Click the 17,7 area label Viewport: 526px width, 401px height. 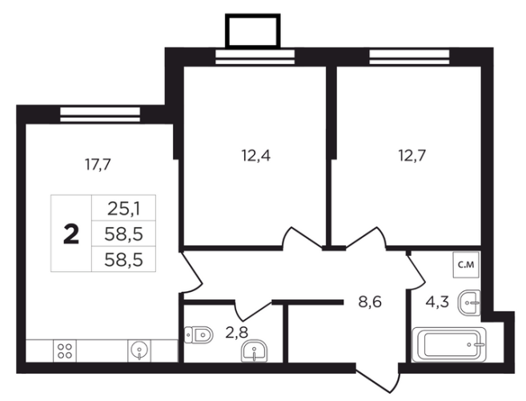coord(98,164)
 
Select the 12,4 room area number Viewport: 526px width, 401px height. coord(255,156)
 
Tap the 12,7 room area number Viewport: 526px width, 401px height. coord(412,156)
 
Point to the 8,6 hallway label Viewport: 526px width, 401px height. coord(370,302)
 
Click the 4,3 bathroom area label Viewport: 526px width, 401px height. coord(437,302)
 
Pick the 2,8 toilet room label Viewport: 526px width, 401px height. coord(236,333)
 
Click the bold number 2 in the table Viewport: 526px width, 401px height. coord(71,234)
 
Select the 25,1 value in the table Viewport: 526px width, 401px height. coord(124,209)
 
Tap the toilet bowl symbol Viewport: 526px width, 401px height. coord(199,334)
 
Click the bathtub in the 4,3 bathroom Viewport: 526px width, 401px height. coord(449,344)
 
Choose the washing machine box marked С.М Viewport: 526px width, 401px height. coord(466,265)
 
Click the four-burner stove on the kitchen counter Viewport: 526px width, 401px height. coord(64,351)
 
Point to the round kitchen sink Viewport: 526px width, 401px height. coord(139,350)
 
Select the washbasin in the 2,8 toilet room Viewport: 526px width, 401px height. coord(254,351)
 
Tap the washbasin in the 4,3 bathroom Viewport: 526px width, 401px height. coord(469,302)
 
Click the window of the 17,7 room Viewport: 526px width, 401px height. coord(100,114)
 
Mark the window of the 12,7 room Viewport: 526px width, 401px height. coord(409,57)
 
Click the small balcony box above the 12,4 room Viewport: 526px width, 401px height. coord(253,31)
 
